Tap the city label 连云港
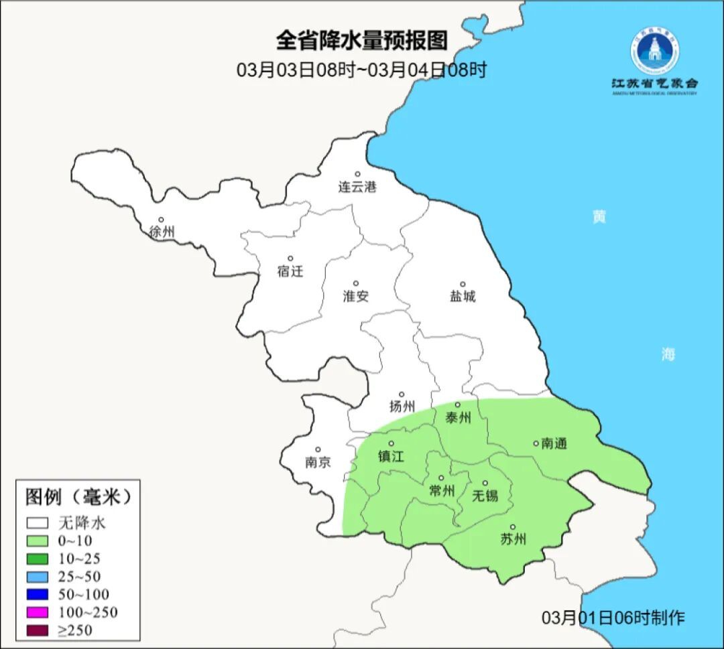click(x=357, y=188)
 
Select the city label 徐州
click(x=162, y=232)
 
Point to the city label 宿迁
click(x=290, y=271)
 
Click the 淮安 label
click(x=356, y=296)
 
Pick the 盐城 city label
click(x=462, y=296)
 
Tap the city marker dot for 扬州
click(x=402, y=394)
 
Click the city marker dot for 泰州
click(x=458, y=405)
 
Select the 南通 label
click(x=554, y=443)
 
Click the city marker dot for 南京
click(x=318, y=450)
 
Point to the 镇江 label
click(x=391, y=456)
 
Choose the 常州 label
click(x=441, y=491)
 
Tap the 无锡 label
click(x=485, y=496)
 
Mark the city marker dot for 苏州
click(x=513, y=527)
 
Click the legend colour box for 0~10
click(x=38, y=541)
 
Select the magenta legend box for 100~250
click(x=38, y=612)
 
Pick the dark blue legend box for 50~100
click(x=38, y=595)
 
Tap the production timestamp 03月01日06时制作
click(x=613, y=618)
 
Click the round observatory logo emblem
click(x=654, y=50)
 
